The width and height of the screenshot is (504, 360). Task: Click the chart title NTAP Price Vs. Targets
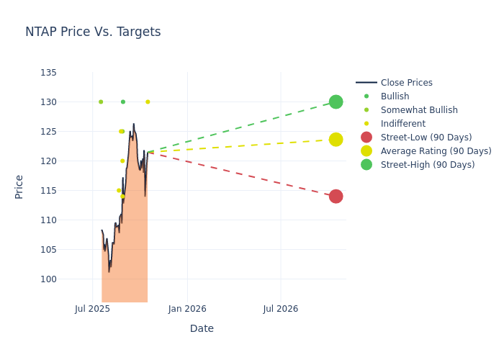[93, 32]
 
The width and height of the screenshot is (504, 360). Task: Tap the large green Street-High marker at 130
[336, 102]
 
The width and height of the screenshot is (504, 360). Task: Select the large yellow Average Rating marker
[336, 139]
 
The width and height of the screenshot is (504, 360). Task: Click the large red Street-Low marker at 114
[336, 197]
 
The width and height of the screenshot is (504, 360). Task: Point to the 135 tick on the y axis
[49, 73]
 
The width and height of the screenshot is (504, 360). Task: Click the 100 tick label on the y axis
[49, 279]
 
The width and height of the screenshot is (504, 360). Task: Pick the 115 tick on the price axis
[49, 191]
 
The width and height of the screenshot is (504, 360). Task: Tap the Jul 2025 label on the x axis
[92, 309]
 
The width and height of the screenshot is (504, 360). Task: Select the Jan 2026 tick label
[187, 309]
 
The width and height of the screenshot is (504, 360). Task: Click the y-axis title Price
[19, 186]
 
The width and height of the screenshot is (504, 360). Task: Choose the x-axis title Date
[202, 328]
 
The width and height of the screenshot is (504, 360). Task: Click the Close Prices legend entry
[406, 83]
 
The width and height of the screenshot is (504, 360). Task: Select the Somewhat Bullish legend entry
[419, 110]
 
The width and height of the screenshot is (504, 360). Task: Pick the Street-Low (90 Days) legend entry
[426, 138]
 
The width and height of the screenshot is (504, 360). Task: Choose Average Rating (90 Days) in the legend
[436, 151]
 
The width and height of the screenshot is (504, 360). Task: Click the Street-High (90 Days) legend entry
[427, 165]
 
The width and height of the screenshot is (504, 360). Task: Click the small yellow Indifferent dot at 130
[148, 102]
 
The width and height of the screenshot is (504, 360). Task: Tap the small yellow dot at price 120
[122, 161]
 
